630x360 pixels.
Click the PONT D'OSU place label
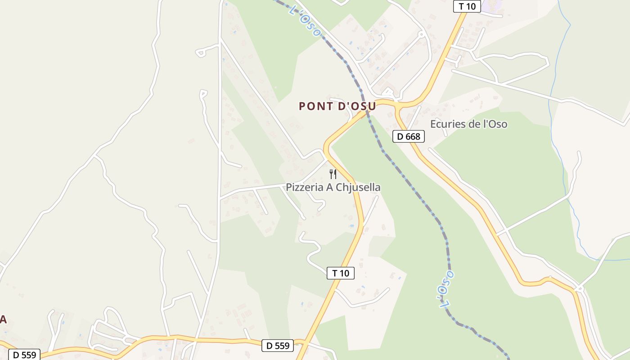click(337, 106)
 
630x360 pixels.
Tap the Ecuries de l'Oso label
click(468, 124)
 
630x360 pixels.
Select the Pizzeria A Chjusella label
click(333, 187)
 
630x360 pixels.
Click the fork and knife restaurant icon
click(333, 174)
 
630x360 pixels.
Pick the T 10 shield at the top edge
click(467, 6)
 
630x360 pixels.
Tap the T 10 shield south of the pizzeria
click(340, 273)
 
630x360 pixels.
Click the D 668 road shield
click(409, 136)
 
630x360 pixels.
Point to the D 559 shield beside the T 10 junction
click(278, 346)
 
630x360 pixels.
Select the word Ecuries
click(446, 124)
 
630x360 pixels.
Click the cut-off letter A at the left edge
click(3, 319)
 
